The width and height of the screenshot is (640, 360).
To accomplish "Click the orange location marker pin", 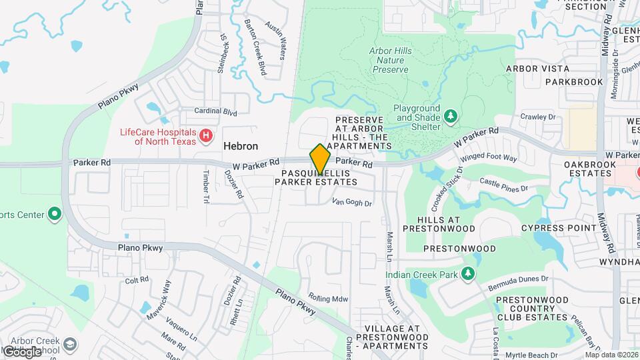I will click(x=321, y=159).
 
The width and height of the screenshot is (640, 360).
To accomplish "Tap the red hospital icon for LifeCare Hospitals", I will click(x=207, y=136).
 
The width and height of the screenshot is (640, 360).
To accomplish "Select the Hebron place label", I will click(x=241, y=146).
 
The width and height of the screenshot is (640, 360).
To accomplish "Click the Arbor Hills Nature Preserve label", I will click(x=390, y=59).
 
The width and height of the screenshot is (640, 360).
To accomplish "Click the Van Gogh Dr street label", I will click(x=351, y=202).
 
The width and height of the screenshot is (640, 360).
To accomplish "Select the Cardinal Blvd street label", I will click(x=215, y=112).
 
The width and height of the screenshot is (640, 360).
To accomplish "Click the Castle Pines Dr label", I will click(x=503, y=185).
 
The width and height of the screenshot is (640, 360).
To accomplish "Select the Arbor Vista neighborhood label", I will click(x=537, y=69).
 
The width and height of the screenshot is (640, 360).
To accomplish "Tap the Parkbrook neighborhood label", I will click(x=569, y=82).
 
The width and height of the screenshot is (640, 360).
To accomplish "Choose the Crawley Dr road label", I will click(x=538, y=117).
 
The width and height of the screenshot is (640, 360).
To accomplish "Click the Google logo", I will click(x=22, y=351).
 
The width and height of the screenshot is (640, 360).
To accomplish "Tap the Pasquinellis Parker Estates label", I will click(x=321, y=177).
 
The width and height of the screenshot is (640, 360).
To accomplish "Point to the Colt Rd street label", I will click(x=136, y=280).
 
